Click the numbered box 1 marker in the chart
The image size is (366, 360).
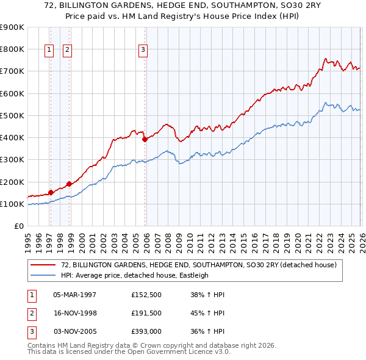(48, 51)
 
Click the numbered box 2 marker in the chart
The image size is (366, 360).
(66, 51)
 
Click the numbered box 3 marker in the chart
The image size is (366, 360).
(142, 51)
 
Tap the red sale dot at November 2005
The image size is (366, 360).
(145, 139)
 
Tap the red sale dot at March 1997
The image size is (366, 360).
(51, 192)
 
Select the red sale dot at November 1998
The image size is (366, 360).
(69, 184)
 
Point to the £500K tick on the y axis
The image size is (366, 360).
(12, 115)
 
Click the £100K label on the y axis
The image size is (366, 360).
(12, 204)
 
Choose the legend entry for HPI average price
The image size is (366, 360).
(135, 275)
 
